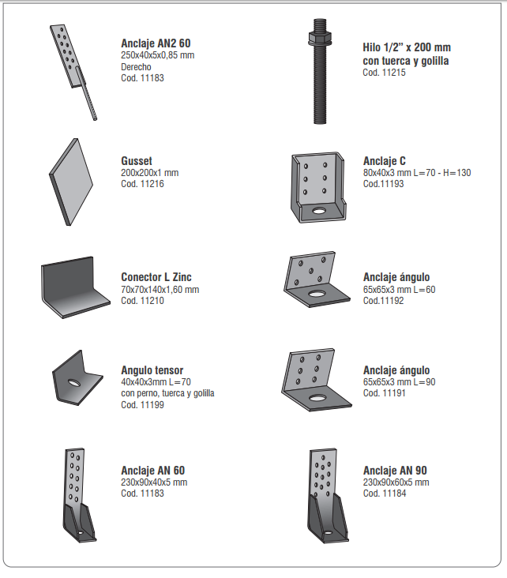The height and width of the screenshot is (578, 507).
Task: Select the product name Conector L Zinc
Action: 156,277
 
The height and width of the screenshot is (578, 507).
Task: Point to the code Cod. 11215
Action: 384,73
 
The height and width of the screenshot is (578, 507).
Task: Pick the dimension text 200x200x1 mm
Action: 149,173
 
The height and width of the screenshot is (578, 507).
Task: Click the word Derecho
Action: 136,67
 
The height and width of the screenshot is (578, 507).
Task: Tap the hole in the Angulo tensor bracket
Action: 73,383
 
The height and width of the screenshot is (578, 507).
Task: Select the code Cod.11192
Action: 383,301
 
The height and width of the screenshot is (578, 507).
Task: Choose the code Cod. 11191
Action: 384,393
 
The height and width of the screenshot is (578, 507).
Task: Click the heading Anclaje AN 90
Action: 395,471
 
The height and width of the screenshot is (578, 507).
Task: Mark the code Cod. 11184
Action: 384,494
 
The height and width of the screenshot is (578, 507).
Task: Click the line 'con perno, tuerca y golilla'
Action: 167,393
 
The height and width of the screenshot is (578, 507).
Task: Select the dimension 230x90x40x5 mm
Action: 154,482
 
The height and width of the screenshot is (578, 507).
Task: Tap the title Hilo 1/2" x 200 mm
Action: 406,47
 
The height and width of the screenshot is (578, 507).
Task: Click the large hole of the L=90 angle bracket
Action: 319,396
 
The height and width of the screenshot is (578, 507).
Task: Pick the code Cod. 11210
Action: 142,301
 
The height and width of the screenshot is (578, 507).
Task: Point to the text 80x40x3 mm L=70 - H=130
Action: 416,173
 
